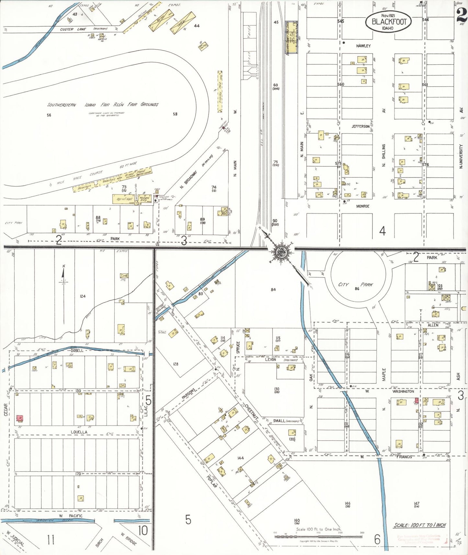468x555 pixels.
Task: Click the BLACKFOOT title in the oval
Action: click(389, 22)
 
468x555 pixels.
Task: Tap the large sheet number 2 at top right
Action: click(462, 15)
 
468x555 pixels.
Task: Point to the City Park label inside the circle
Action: click(356, 285)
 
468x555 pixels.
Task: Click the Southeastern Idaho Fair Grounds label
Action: click(103, 105)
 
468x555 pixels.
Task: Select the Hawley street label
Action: click(363, 46)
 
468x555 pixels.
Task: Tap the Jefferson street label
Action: click(360, 126)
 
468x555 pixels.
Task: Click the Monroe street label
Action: click(362, 206)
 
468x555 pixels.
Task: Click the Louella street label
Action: click(79, 432)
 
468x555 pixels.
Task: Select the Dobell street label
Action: click(77, 350)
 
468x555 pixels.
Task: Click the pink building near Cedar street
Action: click(20, 418)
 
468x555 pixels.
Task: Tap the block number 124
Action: click(83, 296)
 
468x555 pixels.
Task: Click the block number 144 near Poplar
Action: click(240, 458)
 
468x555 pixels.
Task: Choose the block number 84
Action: click(273, 289)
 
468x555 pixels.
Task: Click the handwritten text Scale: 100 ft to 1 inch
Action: click(420, 525)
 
